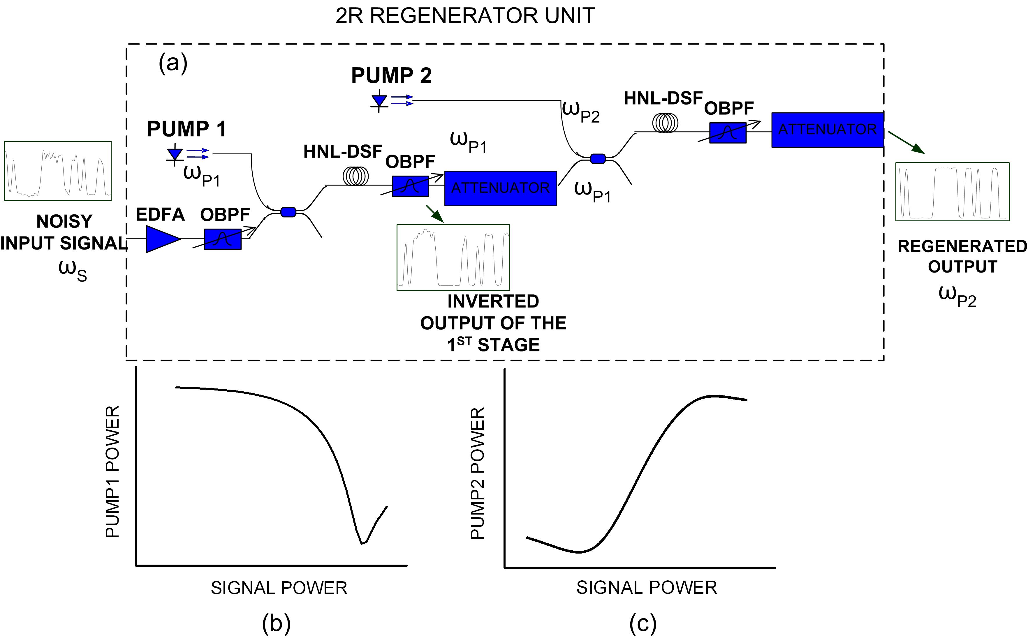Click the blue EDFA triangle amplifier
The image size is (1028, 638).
[x=161, y=239]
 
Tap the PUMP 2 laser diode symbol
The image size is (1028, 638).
[x=379, y=101]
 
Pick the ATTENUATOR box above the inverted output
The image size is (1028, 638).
[x=500, y=188]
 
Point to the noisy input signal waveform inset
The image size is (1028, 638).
[x=57, y=171]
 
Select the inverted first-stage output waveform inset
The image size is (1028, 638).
[x=453, y=257]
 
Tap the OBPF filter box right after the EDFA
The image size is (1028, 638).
[x=223, y=239]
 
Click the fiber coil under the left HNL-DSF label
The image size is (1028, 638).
[x=355, y=176]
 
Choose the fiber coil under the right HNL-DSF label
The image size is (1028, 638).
[x=665, y=123]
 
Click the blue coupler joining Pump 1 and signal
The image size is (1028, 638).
[x=288, y=212]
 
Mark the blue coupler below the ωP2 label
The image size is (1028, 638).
[x=597, y=159]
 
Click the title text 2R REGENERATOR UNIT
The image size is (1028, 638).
[x=465, y=16]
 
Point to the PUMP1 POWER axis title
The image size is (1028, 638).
[x=112, y=471]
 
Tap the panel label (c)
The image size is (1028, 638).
[x=643, y=623]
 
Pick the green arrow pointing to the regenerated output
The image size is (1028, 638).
[x=906, y=142]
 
